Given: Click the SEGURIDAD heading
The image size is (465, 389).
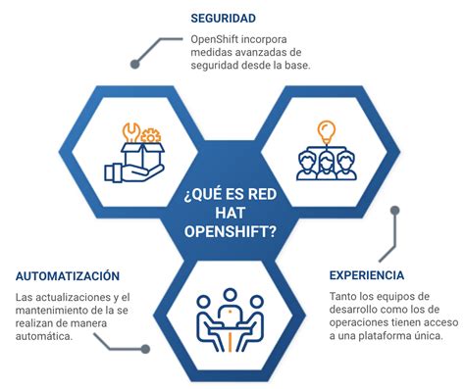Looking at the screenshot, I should coord(224,18).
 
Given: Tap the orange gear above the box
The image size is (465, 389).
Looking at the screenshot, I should coord(150,135).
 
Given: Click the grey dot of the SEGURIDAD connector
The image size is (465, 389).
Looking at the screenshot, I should coord(136,64).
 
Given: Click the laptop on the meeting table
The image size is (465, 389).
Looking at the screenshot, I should coord(232,313).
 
